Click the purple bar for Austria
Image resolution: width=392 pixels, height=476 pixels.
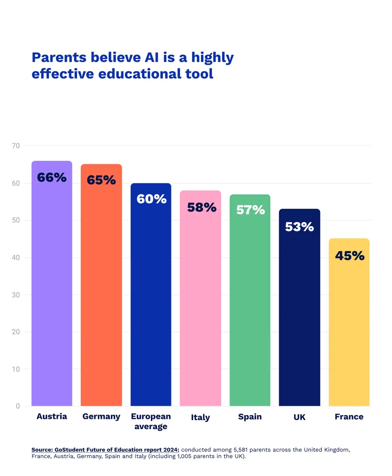(x=52, y=283)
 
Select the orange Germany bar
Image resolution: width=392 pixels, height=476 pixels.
(x=101, y=285)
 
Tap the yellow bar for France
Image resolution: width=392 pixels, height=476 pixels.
(x=349, y=322)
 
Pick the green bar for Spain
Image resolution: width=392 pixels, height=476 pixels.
(x=250, y=300)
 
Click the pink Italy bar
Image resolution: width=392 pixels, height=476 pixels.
(x=201, y=298)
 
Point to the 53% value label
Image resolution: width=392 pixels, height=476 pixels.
(x=300, y=227)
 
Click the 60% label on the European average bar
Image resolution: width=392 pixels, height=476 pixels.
(x=151, y=199)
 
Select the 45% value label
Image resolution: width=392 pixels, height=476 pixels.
(x=350, y=256)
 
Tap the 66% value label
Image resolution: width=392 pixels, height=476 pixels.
(x=52, y=177)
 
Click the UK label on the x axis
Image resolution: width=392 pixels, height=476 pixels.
(x=300, y=417)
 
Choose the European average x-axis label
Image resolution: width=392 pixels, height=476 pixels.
(x=151, y=421)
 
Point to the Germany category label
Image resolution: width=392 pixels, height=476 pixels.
(x=101, y=417)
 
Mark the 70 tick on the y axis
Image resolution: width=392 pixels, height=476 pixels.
(x=16, y=145)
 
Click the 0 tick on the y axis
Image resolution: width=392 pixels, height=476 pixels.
(x=18, y=406)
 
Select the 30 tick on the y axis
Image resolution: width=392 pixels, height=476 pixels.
(x=16, y=295)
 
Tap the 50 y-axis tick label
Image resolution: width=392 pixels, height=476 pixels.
(x=16, y=220)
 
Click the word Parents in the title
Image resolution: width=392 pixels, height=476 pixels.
(x=59, y=57)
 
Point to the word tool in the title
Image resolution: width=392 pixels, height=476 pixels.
(x=199, y=74)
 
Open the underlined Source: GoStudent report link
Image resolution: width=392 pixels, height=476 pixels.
(x=105, y=450)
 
